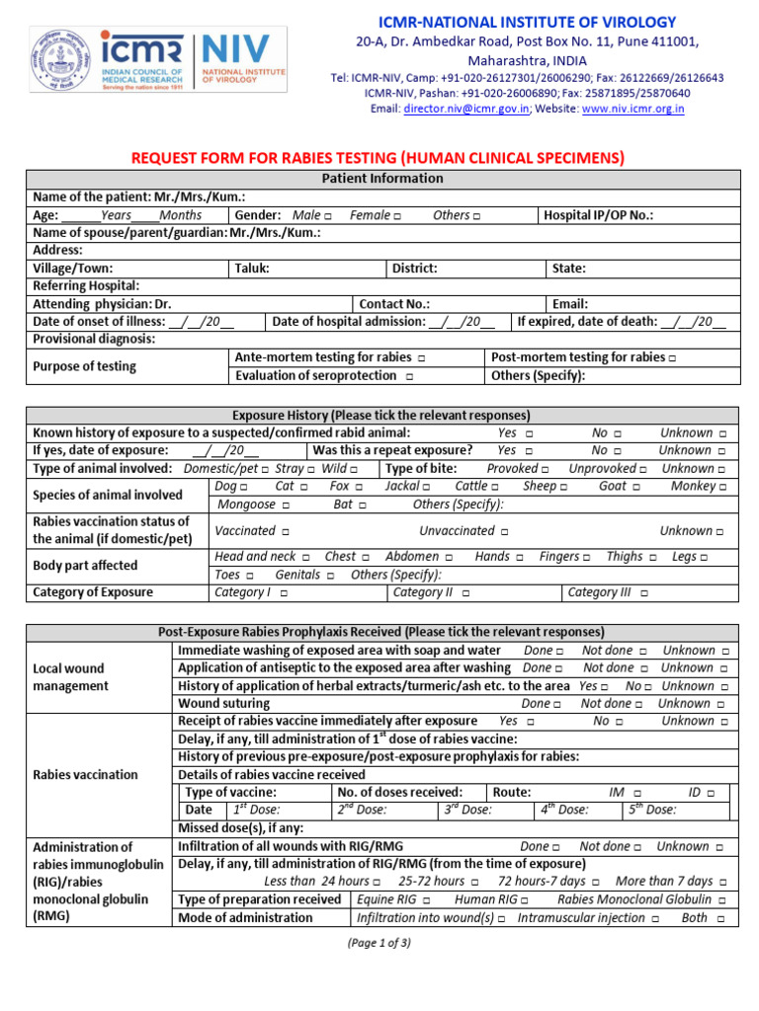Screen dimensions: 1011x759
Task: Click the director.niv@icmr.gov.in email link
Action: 466,109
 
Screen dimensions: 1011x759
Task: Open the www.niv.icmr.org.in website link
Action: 632,109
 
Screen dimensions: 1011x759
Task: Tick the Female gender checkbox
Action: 396,215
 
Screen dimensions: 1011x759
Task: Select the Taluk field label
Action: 252,269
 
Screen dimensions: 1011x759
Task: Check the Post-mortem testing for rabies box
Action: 672,357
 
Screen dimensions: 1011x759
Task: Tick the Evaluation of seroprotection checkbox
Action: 409,376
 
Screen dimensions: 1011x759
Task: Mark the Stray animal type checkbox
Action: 311,469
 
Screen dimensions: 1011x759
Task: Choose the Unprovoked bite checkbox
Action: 643,469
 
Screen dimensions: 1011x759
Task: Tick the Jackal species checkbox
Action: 426,487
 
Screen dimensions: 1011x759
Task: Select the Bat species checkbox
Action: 363,505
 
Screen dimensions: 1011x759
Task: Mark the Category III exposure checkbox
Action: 644,593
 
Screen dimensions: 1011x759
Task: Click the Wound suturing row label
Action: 223,704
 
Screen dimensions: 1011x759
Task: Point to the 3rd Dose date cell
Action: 489,810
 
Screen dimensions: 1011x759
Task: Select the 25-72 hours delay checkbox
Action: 475,882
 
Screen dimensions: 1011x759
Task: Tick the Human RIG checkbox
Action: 524,900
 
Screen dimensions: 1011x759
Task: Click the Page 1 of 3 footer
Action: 379,943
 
